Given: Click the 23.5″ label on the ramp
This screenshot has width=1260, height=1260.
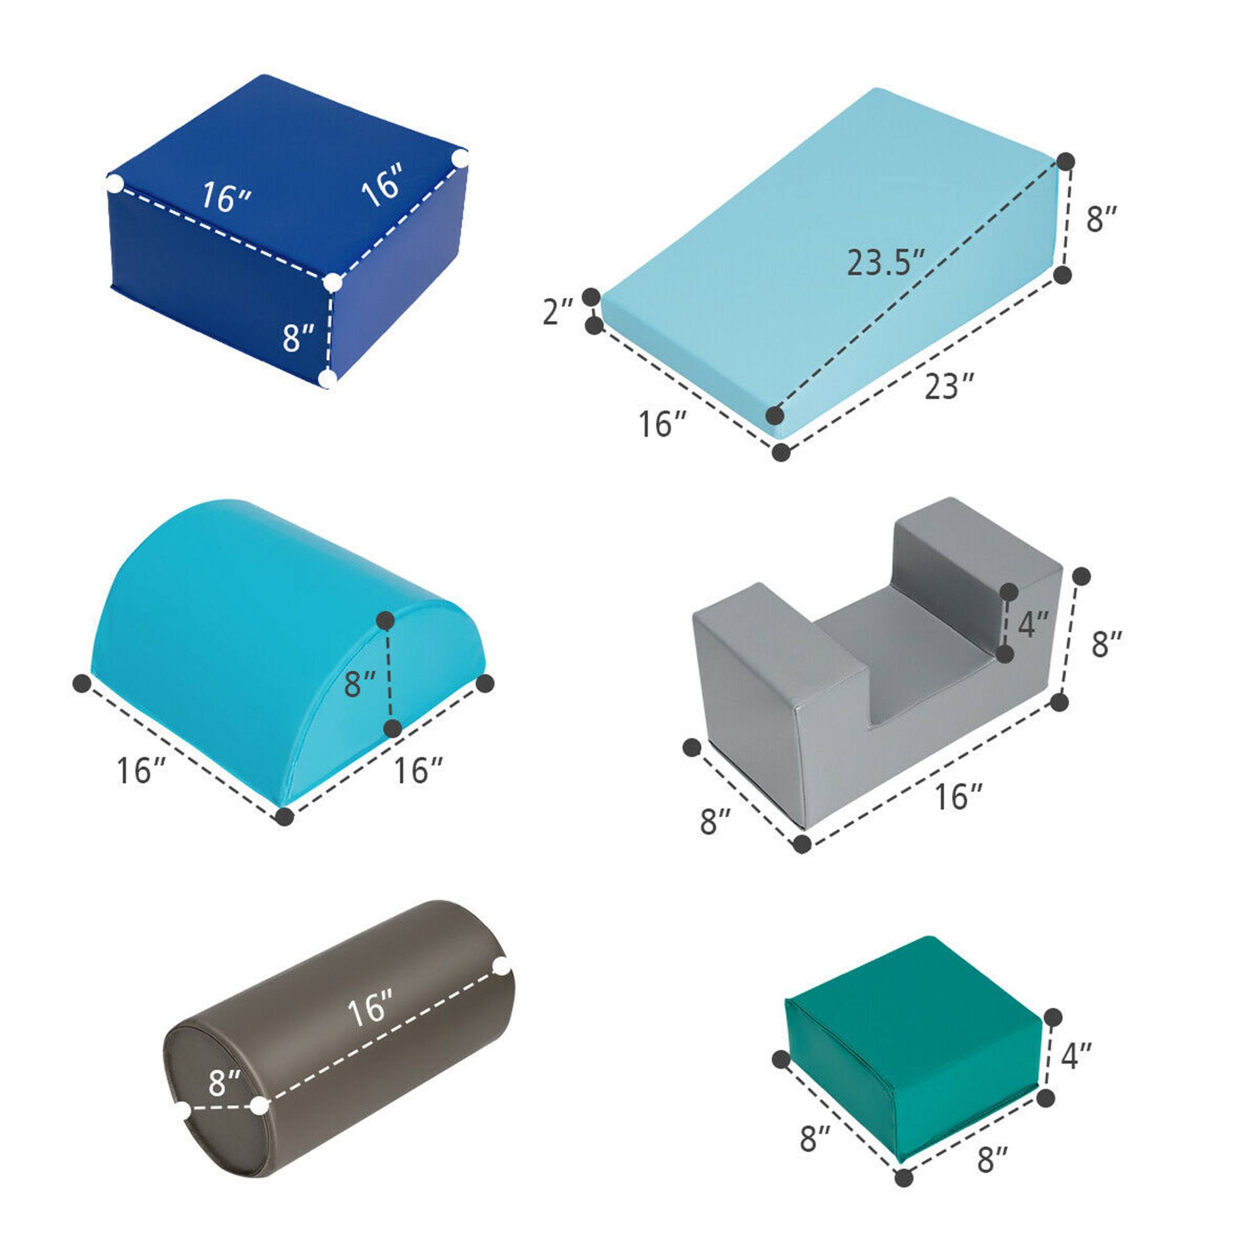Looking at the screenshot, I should tap(886, 263).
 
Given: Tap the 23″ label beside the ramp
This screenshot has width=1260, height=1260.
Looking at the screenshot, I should tap(949, 386).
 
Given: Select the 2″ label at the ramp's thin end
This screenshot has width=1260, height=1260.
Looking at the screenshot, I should tap(558, 311).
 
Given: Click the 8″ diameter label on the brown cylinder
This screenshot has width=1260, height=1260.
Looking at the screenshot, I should tap(225, 1082).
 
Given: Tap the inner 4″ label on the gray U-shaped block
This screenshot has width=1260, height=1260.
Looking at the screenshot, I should tap(1033, 625).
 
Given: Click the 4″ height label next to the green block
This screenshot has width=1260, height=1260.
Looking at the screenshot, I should tap(1076, 1055).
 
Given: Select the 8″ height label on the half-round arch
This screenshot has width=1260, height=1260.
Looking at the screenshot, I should tap(360, 684).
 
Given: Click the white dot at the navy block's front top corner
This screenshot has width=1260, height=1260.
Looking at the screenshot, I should tap(333, 282).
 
